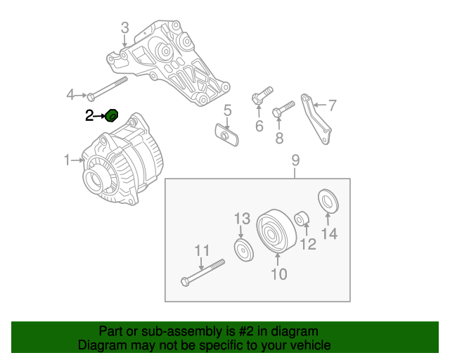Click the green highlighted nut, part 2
111,115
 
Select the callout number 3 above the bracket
124,29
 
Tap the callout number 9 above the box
295,161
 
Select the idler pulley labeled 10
274,231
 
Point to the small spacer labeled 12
301,219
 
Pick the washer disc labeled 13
243,249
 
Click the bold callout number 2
89,115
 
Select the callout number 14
328,233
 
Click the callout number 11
202,250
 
